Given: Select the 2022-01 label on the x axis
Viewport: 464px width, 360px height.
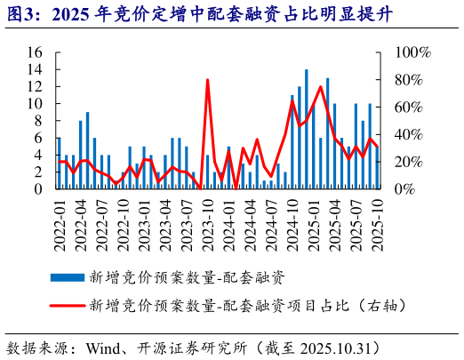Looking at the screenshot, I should (x=60, y=218).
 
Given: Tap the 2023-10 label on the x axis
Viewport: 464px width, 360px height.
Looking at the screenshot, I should (x=208, y=218).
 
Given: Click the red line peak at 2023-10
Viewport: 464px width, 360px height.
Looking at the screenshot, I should (x=208, y=81).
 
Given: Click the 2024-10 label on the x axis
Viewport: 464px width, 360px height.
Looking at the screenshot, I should (x=292, y=218).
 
